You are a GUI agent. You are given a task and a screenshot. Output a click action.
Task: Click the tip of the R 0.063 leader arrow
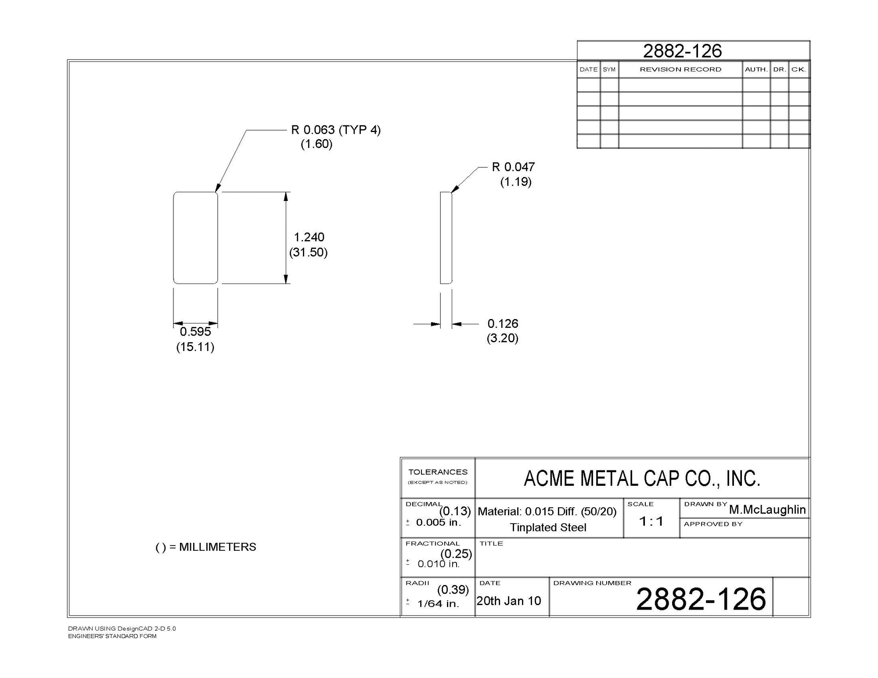coord(216,193)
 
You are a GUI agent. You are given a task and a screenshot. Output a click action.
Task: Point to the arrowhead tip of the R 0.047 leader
coord(451,192)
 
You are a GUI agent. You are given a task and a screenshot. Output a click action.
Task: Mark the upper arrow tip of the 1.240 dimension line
coord(286,192)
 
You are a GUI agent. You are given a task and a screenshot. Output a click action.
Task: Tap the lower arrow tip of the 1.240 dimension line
coord(286,283)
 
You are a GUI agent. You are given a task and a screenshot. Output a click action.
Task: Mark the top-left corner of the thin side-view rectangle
coord(440,192)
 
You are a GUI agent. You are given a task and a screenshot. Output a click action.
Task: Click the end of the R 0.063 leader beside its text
coord(287,130)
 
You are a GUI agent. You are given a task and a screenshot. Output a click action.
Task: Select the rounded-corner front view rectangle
coord(195,238)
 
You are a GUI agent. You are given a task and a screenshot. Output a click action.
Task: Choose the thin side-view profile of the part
coord(446,238)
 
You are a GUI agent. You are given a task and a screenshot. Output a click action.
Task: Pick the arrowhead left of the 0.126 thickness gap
coord(435,324)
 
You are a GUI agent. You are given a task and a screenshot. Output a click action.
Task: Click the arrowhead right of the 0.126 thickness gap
coord(457,324)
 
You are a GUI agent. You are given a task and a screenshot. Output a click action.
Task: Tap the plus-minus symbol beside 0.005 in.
coord(408,522)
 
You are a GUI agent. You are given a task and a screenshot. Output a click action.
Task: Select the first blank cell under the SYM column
coord(609,85)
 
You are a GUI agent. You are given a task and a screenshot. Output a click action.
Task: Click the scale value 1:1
coord(651,521)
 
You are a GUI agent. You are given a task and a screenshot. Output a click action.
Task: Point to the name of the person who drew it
coord(767,509)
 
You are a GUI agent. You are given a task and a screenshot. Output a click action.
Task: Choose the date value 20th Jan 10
coord(509,601)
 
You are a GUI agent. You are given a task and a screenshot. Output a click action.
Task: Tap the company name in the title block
coord(642,478)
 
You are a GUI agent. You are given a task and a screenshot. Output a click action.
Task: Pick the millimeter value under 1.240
coord(309,252)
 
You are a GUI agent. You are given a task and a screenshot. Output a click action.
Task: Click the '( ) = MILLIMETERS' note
coord(206,547)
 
